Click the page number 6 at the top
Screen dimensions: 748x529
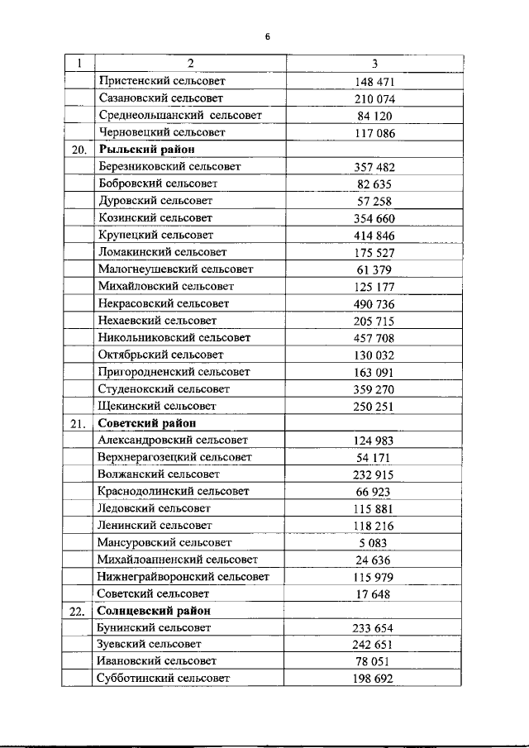[267, 36]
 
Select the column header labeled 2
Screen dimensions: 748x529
[189, 64]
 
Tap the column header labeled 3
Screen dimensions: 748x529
[374, 64]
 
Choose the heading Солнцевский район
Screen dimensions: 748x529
[153, 611]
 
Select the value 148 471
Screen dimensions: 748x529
[374, 82]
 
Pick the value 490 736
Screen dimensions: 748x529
[374, 303]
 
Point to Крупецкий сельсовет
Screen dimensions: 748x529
[155, 235]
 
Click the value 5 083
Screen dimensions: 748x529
[374, 543]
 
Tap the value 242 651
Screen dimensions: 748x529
[374, 645]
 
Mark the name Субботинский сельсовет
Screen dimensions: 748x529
[164, 679]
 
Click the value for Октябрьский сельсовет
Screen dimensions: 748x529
[374, 355]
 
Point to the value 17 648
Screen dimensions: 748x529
[374, 594]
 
